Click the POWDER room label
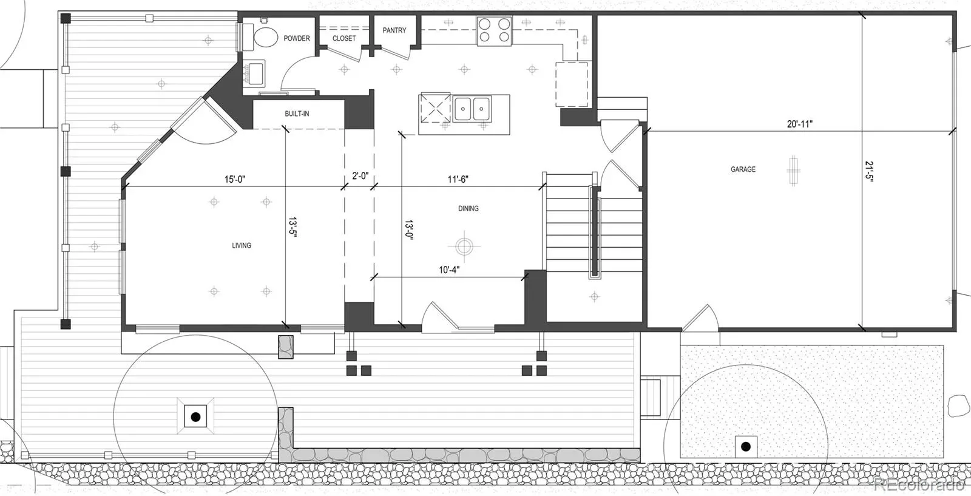click(x=297, y=38)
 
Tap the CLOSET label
click(x=344, y=38)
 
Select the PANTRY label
click(x=394, y=30)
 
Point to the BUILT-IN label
click(x=297, y=114)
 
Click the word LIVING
click(x=242, y=245)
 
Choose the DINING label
click(x=468, y=209)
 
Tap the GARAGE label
click(x=743, y=169)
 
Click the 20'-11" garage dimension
click(x=800, y=124)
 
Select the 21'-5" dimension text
click(x=869, y=172)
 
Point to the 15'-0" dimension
click(x=235, y=179)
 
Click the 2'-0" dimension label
click(x=360, y=175)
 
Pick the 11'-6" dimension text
click(x=458, y=179)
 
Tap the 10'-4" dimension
click(x=449, y=270)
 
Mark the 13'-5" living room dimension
click(x=293, y=227)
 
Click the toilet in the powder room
click(x=260, y=37)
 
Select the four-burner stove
click(x=494, y=31)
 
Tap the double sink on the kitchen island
click(x=472, y=109)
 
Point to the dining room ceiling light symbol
click(x=464, y=246)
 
